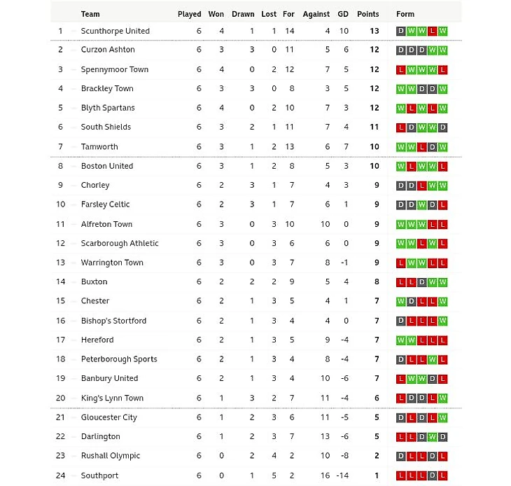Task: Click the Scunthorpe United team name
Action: pyautogui.click(x=115, y=31)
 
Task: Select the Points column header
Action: pyautogui.click(x=367, y=14)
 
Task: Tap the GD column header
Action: pyautogui.click(x=343, y=14)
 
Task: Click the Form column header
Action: pyautogui.click(x=405, y=14)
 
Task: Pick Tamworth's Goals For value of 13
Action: pyautogui.click(x=289, y=147)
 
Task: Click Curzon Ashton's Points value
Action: pyautogui.click(x=374, y=50)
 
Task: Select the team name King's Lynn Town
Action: pyautogui.click(x=112, y=398)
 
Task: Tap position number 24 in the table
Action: pyautogui.click(x=60, y=475)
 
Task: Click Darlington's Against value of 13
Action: pyautogui.click(x=325, y=436)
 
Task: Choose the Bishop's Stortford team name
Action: pyautogui.click(x=113, y=321)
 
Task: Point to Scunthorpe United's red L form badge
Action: pyautogui.click(x=433, y=31)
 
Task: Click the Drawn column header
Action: pyautogui.click(x=243, y=14)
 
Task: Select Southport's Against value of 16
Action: pyautogui.click(x=325, y=475)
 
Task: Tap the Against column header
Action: pyautogui.click(x=316, y=14)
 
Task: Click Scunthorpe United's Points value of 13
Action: pyautogui.click(x=374, y=31)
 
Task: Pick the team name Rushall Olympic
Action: pyautogui.click(x=111, y=456)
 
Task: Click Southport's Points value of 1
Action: pyautogui.click(x=376, y=475)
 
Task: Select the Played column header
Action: pyautogui.click(x=189, y=14)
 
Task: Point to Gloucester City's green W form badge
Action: pyautogui.click(x=443, y=417)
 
